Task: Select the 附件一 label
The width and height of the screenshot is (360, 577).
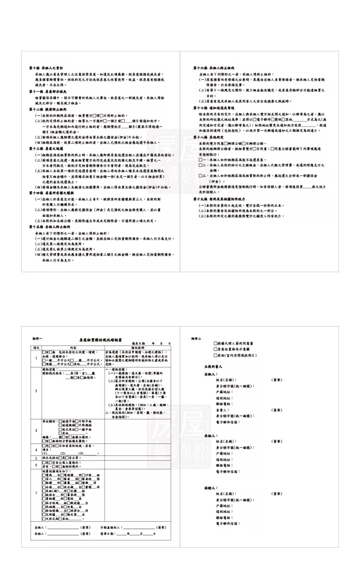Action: [x=37, y=339]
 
